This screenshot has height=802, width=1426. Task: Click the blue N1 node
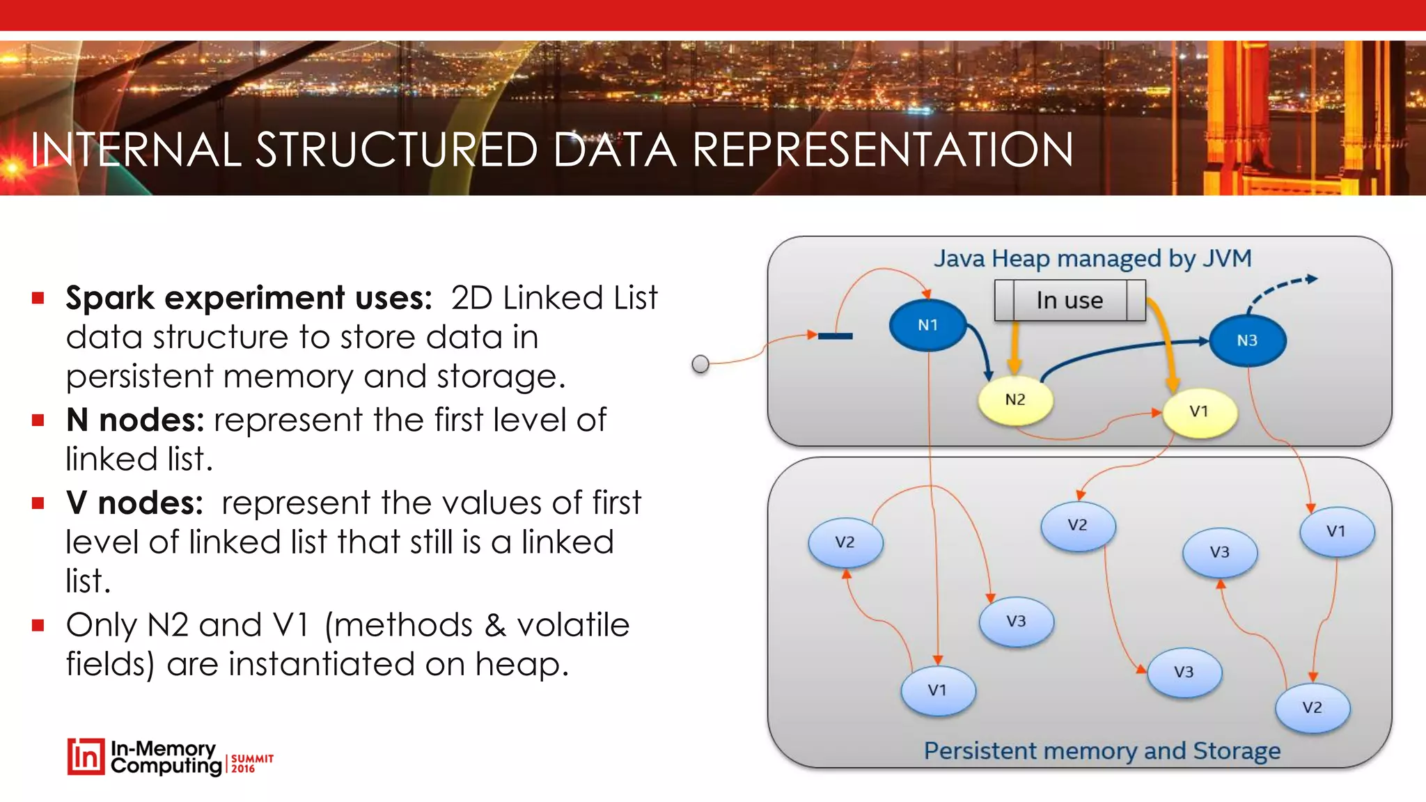pos(927,325)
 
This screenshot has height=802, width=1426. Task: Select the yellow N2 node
pos(1015,400)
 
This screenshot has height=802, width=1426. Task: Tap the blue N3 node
pos(1247,340)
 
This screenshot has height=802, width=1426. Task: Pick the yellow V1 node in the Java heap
pos(1199,412)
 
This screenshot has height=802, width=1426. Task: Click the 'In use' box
pos(1069,301)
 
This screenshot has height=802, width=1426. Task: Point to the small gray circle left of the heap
pos(700,364)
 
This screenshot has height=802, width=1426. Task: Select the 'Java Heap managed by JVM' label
pos(1092,259)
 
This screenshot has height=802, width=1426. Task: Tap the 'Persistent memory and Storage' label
pos(1102,751)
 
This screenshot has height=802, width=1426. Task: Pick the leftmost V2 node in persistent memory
pos(845,542)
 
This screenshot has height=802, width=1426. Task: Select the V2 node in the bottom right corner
pos(1313,708)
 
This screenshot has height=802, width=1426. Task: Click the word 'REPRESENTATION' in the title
pos(882,150)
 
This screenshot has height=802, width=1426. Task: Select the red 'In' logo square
pos(86,757)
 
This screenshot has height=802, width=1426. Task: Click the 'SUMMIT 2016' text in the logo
pos(251,763)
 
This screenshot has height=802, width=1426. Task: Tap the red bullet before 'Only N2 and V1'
pos(38,625)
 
